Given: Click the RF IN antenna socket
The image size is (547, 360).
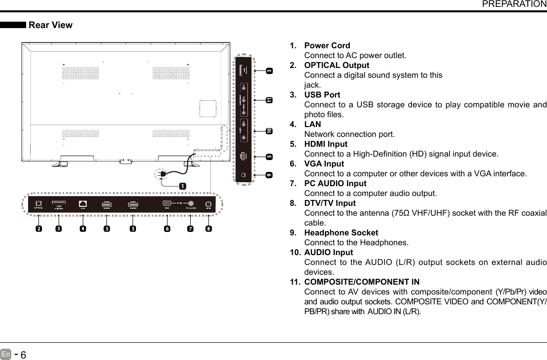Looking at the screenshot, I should [208, 204].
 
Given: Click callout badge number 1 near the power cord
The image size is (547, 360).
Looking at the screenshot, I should [182, 186].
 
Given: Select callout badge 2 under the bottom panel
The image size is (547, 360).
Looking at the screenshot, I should [38, 229].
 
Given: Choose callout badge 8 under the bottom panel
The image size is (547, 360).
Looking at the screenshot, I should [209, 229].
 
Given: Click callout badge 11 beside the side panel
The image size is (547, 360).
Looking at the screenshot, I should [269, 100].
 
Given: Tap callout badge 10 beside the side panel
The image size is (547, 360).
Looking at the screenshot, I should [269, 131].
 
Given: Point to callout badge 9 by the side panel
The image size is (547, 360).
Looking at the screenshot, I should [269, 175].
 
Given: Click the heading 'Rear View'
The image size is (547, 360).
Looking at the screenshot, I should [51, 25].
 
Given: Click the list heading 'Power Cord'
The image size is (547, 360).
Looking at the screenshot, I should [327, 46].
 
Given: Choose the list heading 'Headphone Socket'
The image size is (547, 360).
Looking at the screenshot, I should [341, 232].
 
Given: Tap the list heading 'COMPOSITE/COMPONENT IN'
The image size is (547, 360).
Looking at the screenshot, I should [362, 282].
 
